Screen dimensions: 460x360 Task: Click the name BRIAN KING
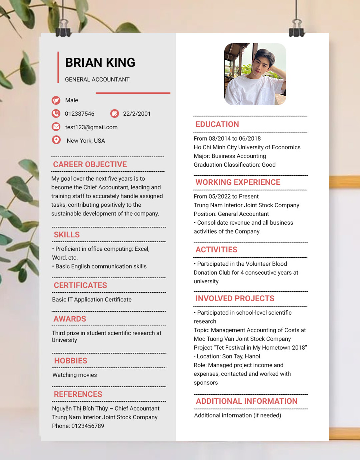point(100,63)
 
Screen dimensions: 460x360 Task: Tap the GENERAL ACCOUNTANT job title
point(97,80)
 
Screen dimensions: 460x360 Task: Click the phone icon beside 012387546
point(56,114)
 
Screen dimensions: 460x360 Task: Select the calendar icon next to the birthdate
point(114,114)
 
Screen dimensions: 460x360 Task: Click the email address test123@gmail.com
point(91,127)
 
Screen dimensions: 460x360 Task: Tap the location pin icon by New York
point(56,140)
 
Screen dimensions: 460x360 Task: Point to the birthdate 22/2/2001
point(137,114)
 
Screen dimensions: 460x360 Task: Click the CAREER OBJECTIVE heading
point(90,164)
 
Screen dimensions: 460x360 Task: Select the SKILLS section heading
point(67,235)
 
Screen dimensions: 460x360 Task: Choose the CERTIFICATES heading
point(80,285)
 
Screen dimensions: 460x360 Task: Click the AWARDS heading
point(70,319)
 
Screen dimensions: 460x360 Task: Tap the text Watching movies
point(75,375)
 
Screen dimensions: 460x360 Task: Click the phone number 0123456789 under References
point(88,426)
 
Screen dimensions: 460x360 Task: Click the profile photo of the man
point(255,74)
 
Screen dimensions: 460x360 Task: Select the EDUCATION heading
point(217,124)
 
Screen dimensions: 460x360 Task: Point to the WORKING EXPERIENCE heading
point(238,182)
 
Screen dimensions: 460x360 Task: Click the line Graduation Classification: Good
point(235,165)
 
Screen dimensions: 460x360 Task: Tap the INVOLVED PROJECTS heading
point(235,299)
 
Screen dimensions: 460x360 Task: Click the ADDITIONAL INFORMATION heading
point(247,401)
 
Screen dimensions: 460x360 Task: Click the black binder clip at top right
point(296,28)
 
